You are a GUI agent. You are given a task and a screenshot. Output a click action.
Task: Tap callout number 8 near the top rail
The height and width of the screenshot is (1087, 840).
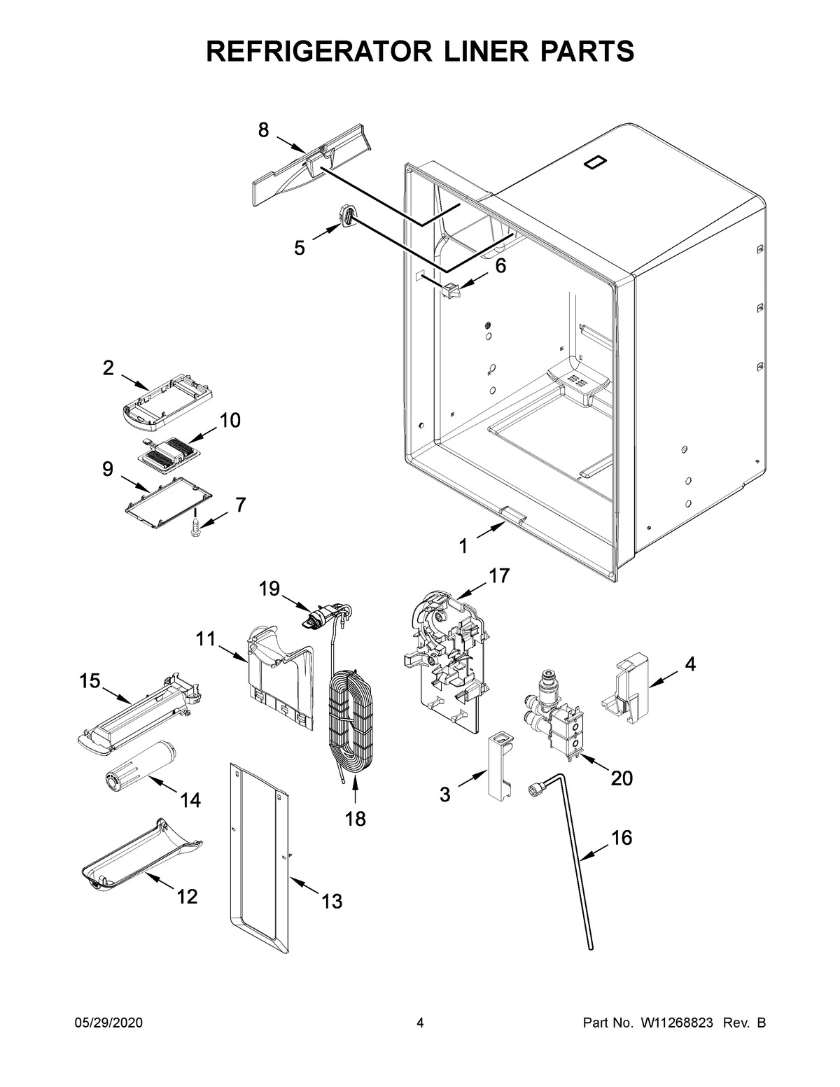click(263, 129)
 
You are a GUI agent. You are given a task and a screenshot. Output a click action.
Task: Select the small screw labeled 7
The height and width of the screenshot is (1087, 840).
click(195, 527)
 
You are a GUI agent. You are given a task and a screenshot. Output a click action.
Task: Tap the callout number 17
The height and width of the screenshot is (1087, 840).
click(499, 575)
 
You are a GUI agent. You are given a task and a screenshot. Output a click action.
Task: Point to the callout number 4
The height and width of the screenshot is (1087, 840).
click(690, 665)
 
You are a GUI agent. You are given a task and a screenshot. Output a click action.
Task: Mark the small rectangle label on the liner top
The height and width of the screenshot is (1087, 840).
click(594, 162)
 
